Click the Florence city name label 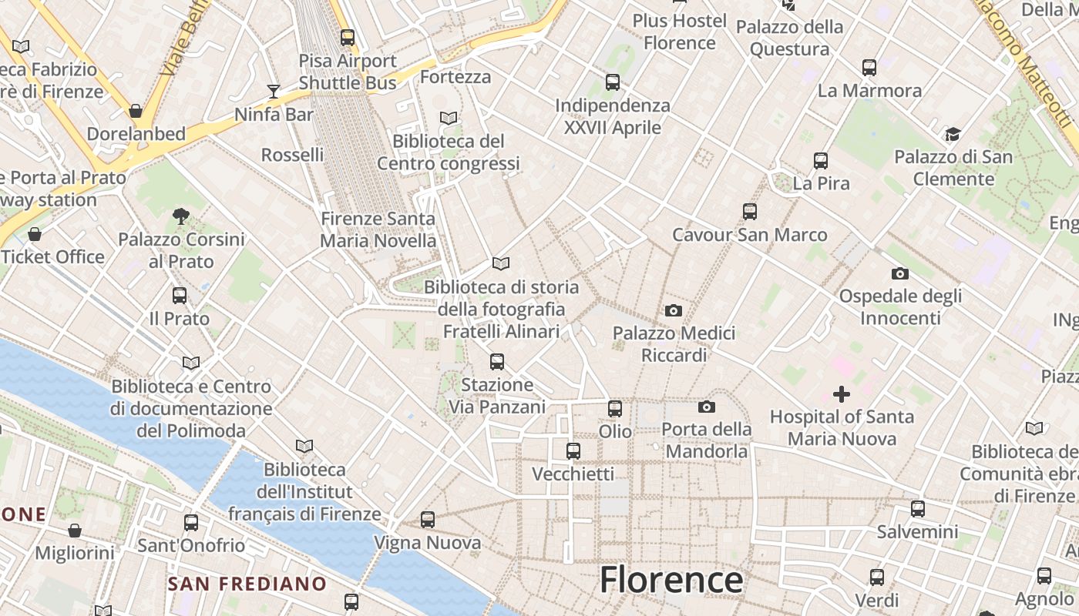671,579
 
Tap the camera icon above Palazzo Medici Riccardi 673,310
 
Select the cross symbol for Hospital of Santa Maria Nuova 842,394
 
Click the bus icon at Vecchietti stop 573,451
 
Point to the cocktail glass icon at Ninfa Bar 274,92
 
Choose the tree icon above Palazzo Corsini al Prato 181,216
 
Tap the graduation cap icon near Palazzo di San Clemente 953,135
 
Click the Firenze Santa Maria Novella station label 378,229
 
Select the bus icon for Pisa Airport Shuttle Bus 348,37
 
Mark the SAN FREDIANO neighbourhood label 247,584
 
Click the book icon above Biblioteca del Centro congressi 449,119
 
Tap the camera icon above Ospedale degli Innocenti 899,273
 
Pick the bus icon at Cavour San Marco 750,212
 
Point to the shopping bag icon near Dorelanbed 136,111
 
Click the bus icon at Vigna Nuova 428,520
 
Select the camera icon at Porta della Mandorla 707,407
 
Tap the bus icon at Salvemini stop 917,509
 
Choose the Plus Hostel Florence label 680,32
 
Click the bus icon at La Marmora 869,68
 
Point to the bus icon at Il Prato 180,296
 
